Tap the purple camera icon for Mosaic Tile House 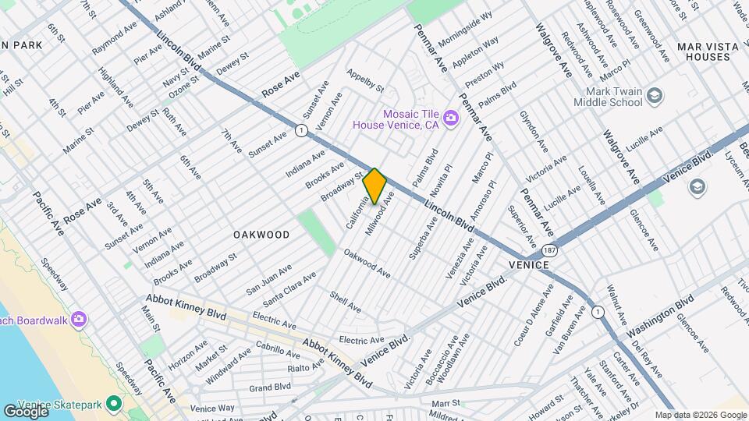(x=450, y=119)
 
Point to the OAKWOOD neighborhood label (x=261, y=234)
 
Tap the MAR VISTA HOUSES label (x=708, y=52)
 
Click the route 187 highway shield (x=552, y=252)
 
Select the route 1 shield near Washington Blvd (x=598, y=312)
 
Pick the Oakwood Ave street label (x=367, y=264)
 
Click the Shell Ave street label (x=345, y=302)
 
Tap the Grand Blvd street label (x=270, y=387)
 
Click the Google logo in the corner (x=25, y=411)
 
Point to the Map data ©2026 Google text (x=700, y=415)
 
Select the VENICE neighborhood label (x=530, y=265)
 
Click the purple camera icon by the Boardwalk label (x=78, y=319)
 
